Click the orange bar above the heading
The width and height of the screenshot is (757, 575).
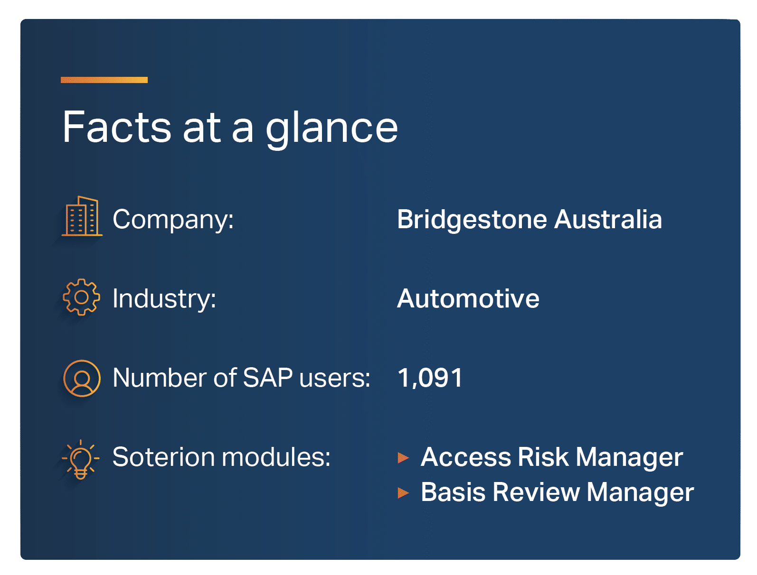click(104, 80)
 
